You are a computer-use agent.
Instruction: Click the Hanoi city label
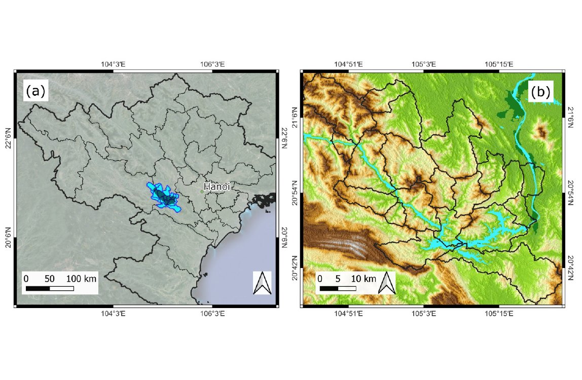(217, 186)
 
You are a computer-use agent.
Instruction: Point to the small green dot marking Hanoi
(201, 192)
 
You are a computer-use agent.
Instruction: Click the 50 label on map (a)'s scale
(50, 279)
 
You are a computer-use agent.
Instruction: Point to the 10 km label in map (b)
(363, 279)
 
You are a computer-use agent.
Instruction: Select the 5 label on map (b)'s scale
(338, 279)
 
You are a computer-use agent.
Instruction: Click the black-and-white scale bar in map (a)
(50, 288)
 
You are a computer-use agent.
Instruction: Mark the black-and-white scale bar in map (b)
(338, 288)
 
